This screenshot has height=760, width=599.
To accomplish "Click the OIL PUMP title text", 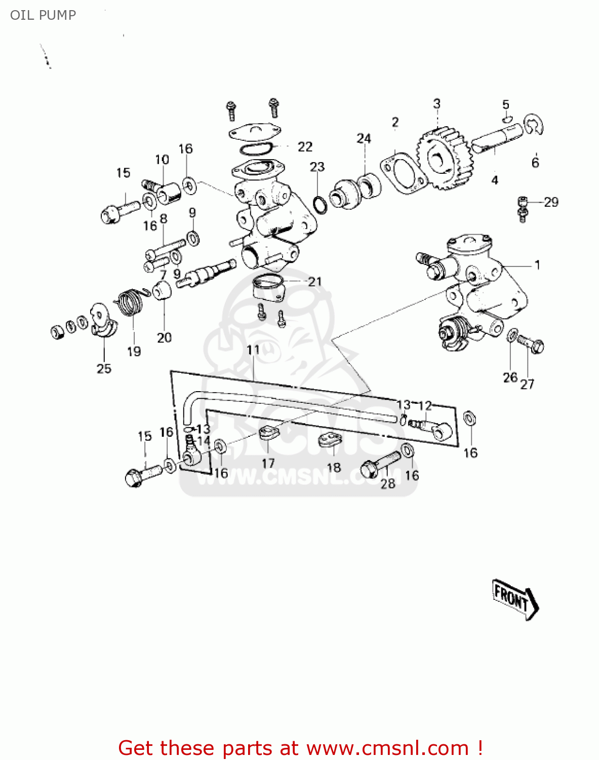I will (43, 15).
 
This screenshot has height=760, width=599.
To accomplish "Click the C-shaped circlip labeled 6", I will (534, 125).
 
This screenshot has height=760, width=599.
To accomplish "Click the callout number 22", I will (305, 147).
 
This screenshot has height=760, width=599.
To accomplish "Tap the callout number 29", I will (551, 202).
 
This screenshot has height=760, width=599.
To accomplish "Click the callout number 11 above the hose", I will (253, 350).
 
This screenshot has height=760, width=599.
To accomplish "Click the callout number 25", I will (104, 368).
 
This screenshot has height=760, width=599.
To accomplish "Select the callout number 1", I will (537, 265).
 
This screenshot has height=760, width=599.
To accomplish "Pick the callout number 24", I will (364, 138).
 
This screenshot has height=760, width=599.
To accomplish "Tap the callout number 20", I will (164, 337).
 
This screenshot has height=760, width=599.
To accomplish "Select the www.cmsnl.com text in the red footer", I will (388, 748).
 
